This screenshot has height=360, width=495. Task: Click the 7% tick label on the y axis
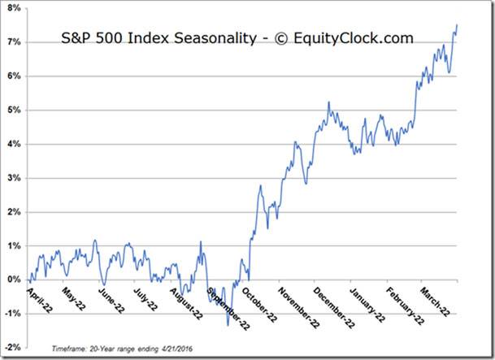coord(16,41)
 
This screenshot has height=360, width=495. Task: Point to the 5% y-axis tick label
coord(16,110)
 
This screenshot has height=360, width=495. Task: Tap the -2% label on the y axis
coord(15,347)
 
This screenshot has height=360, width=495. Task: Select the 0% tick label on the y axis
coord(16,280)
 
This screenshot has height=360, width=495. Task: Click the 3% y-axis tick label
coord(16,177)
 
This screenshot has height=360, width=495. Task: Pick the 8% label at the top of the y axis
coord(16,7)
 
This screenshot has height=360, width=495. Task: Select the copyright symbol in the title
coord(273,38)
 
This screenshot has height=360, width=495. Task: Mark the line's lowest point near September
coord(228,325)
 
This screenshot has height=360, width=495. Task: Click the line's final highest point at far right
coord(457,25)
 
